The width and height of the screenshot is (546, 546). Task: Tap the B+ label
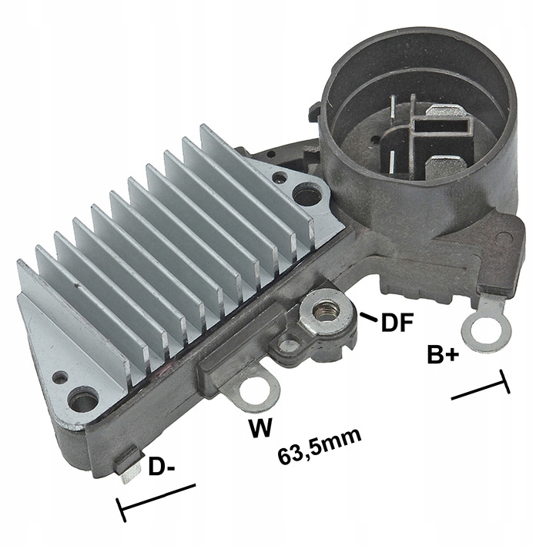coord(444,355)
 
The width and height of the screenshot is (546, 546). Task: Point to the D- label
coord(163,467)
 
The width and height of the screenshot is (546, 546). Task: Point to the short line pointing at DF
coord(368,316)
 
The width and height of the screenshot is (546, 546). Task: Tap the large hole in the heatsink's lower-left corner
coord(82,400)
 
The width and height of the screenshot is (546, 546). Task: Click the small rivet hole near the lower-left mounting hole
coord(59,377)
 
